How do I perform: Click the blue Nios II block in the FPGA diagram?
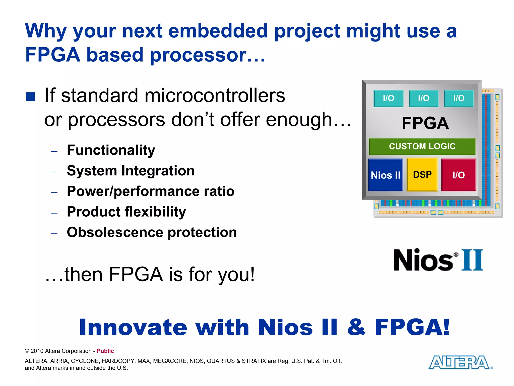385,175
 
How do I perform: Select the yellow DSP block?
422,174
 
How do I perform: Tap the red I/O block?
459,175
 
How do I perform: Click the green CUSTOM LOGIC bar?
422,146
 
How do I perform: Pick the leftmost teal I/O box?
389,98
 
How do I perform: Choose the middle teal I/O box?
424,98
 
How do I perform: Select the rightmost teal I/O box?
459,98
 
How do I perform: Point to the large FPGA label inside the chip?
425,123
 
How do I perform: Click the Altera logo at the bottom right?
460,362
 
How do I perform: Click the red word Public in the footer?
105,351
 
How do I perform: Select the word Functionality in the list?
111,150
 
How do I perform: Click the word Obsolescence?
115,232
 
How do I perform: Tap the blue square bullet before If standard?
30,97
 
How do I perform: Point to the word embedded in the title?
218,31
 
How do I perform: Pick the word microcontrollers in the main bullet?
215,95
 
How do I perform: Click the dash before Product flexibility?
54,213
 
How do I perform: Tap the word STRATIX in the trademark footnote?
254,361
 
